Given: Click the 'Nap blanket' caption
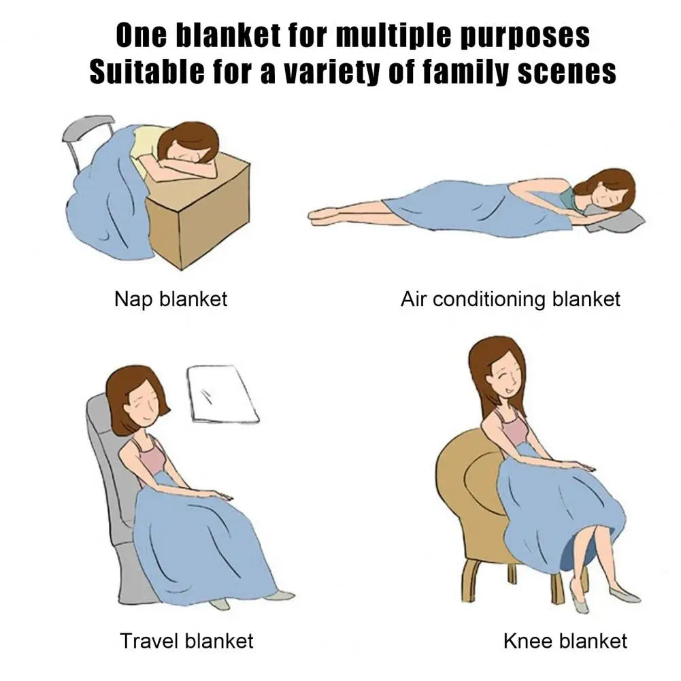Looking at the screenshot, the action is (x=171, y=299).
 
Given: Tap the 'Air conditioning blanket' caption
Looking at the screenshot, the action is (x=510, y=299).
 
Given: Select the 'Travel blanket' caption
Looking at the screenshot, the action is (x=186, y=641).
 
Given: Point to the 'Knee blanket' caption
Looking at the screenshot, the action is (x=565, y=641).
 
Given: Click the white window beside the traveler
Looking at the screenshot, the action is (x=222, y=394).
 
